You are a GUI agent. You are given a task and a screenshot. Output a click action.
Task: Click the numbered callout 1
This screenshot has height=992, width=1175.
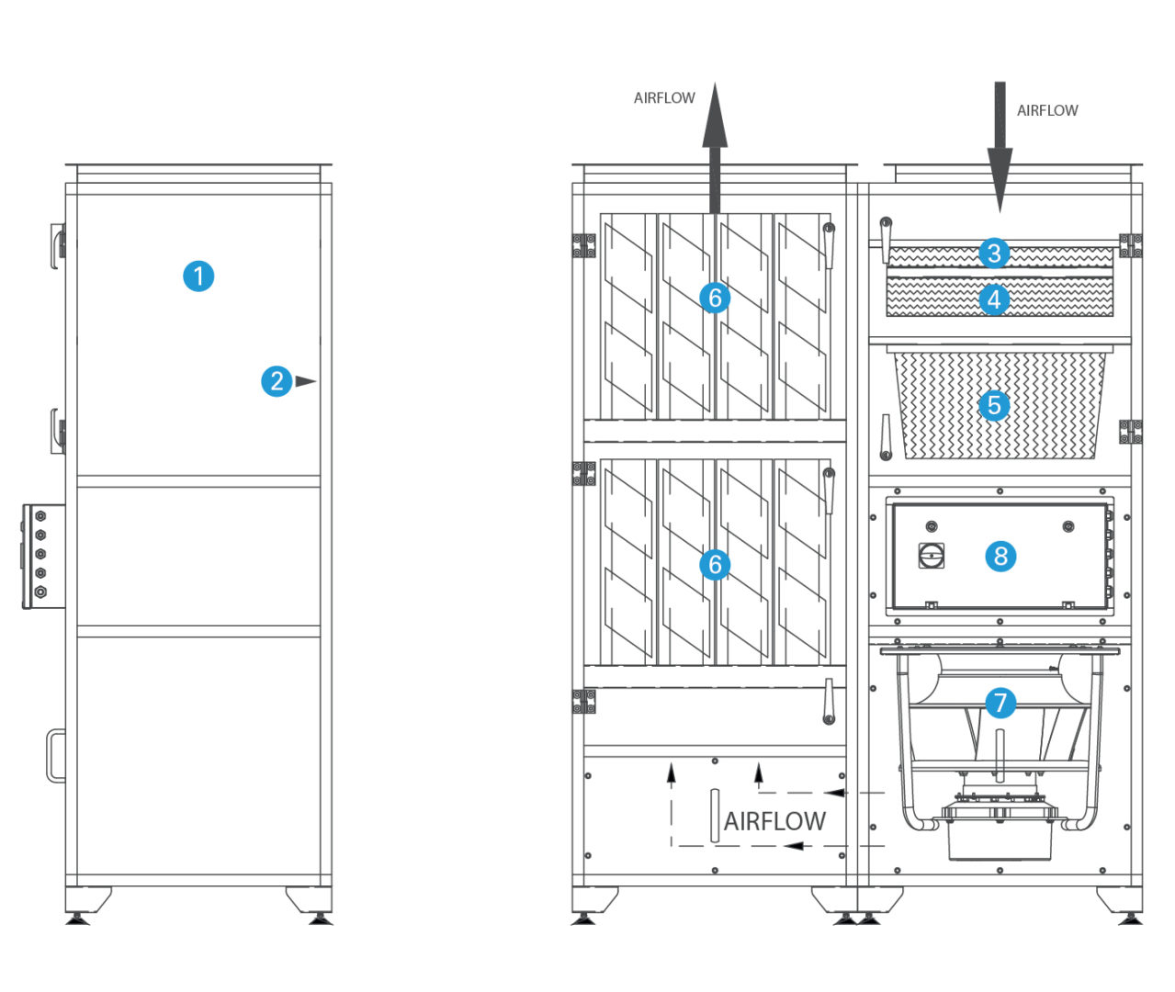[x=198, y=276]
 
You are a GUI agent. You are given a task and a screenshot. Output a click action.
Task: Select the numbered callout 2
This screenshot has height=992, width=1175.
[x=277, y=381]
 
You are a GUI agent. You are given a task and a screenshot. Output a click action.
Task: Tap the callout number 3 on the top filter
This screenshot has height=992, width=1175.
[x=994, y=253]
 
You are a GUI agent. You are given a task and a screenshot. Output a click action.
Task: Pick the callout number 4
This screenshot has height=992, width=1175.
[x=994, y=299]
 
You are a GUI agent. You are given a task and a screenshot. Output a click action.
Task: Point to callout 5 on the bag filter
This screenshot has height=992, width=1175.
[x=994, y=405]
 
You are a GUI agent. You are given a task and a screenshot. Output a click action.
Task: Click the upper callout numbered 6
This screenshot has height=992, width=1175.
[x=715, y=298]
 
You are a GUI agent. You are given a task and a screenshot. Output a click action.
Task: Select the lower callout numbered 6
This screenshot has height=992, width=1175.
[x=715, y=564]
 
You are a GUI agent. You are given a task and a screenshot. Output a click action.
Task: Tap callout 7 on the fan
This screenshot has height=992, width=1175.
[x=1000, y=704]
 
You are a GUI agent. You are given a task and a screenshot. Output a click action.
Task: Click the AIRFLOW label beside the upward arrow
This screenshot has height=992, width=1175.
[x=664, y=98]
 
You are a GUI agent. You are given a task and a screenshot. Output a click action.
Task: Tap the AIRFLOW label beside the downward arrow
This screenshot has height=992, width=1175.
[x=1047, y=110]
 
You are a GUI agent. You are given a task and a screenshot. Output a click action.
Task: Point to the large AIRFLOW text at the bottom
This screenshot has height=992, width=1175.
[x=774, y=821]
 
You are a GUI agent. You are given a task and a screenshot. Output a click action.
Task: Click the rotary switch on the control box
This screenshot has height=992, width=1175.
[x=931, y=555]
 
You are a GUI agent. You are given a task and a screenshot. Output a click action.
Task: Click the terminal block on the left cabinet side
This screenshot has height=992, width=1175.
[x=40, y=556]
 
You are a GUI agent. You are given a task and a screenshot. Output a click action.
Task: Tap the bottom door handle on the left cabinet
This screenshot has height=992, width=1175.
[x=55, y=755]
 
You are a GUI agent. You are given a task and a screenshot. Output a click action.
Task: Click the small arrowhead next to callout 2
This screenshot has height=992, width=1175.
[x=305, y=381]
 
